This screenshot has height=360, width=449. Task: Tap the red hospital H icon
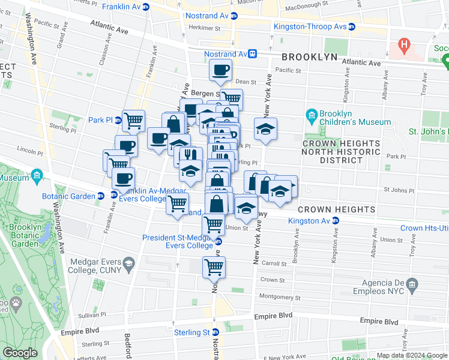(404, 44)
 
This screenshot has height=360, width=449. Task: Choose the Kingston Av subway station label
(309, 221)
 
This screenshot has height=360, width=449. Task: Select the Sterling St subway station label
(192, 332)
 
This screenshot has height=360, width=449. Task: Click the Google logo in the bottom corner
(20, 353)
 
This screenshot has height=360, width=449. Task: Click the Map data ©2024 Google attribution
(411, 355)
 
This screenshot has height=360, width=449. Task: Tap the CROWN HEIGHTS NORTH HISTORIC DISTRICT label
(341, 152)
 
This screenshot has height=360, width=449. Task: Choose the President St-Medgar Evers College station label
(178, 241)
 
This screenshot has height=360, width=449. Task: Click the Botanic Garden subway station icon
(101, 196)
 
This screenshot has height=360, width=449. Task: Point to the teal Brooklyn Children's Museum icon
(312, 115)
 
